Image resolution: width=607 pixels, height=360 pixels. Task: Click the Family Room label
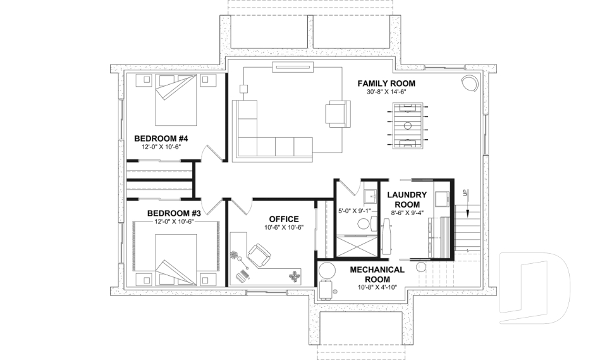386,84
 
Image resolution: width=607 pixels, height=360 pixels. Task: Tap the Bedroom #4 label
161,139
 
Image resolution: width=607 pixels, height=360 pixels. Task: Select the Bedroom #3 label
175,213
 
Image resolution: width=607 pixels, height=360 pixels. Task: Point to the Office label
284,220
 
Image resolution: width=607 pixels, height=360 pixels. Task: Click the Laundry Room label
407,199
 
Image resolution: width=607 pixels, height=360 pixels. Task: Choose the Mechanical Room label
377,275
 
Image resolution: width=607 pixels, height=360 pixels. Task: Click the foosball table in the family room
408,126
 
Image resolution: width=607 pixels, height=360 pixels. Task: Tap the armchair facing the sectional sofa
338,113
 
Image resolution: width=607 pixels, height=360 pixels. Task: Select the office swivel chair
259,256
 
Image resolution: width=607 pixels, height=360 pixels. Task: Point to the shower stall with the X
356,247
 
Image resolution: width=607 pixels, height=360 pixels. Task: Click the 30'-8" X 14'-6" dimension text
386,92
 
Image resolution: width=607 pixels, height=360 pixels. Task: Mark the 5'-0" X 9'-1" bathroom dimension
355,211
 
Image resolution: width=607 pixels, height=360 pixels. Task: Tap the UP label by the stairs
464,192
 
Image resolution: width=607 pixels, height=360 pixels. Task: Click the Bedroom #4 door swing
211,153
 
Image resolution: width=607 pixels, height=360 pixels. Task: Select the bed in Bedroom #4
176,100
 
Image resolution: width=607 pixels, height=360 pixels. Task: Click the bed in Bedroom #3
176,259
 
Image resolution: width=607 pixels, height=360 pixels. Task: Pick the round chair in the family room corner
470,83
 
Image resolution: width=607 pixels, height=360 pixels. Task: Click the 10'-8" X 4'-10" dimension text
377,287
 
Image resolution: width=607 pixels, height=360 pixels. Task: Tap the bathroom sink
371,197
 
